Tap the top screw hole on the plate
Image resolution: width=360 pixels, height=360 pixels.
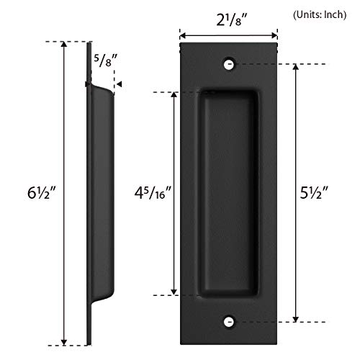click(229, 64)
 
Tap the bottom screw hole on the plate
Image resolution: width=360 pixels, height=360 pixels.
click(229, 321)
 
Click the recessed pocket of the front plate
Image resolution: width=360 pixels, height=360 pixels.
click(229, 193)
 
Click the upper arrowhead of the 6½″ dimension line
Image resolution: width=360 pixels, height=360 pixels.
click(65, 45)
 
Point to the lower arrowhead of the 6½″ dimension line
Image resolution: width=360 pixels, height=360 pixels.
click(65, 342)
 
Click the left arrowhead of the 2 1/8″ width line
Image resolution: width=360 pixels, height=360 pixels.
click(183, 34)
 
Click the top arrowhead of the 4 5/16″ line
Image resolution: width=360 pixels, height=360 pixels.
click(174, 94)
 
